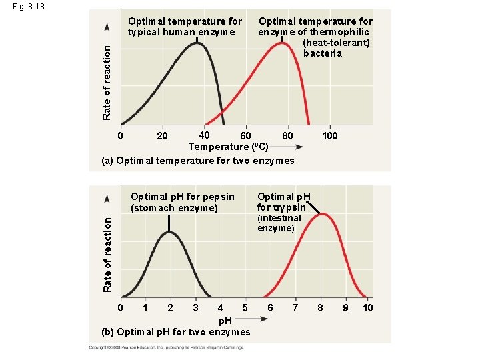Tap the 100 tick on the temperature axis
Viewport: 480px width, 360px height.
click(329, 136)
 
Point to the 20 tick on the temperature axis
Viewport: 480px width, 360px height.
click(162, 136)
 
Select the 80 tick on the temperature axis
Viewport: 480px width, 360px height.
click(287, 136)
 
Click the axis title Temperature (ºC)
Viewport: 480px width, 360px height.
click(228, 147)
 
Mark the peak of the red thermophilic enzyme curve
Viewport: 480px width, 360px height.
click(282, 44)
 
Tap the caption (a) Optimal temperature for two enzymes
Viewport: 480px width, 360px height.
click(197, 161)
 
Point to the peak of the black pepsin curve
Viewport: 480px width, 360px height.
click(170, 232)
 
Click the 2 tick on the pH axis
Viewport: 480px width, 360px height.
click(170, 308)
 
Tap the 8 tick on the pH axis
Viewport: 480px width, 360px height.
click(321, 308)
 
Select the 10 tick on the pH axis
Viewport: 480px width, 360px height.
click(367, 308)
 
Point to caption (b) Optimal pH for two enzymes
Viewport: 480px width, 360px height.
click(175, 332)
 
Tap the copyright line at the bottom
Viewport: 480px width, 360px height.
click(170, 347)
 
